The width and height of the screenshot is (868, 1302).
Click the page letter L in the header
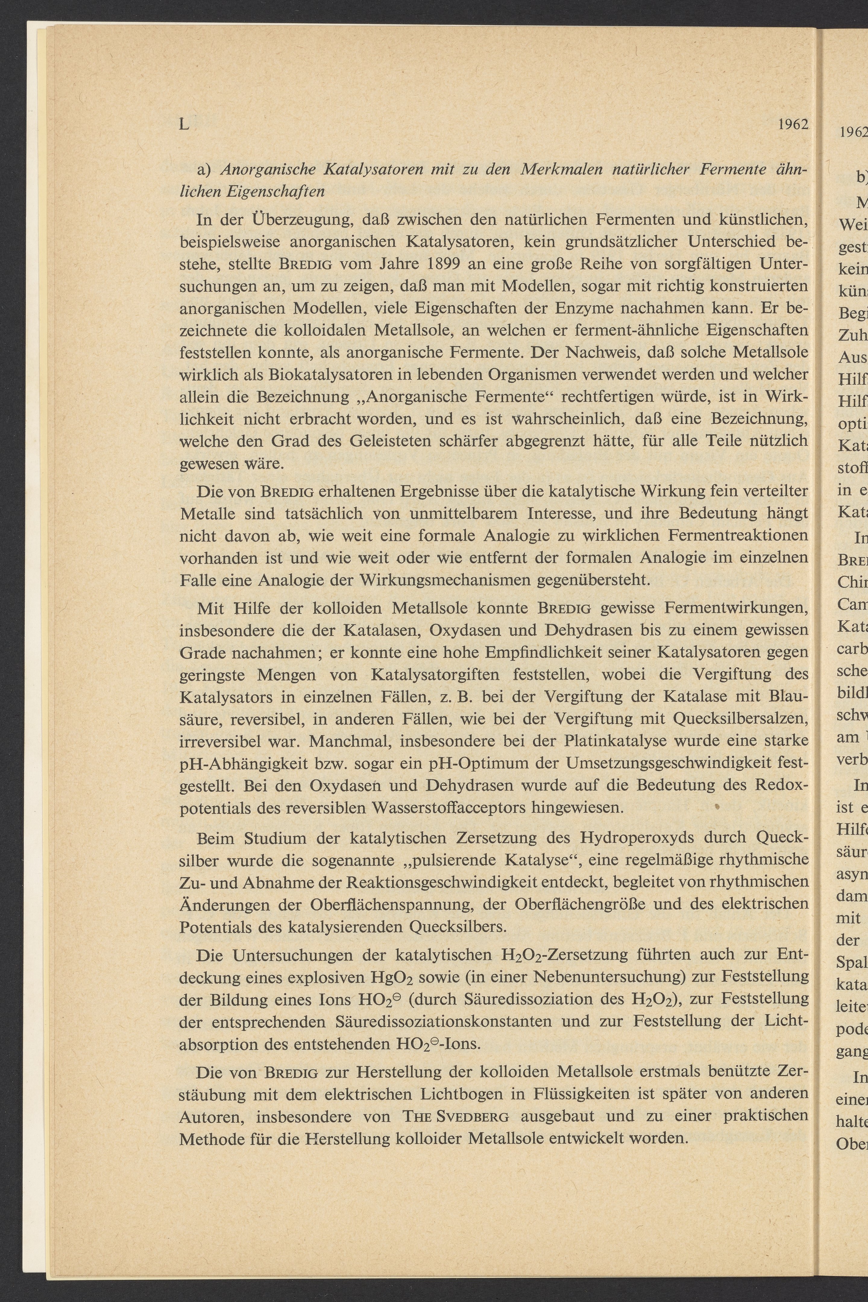[184, 124]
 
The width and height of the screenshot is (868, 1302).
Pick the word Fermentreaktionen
[738, 536]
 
